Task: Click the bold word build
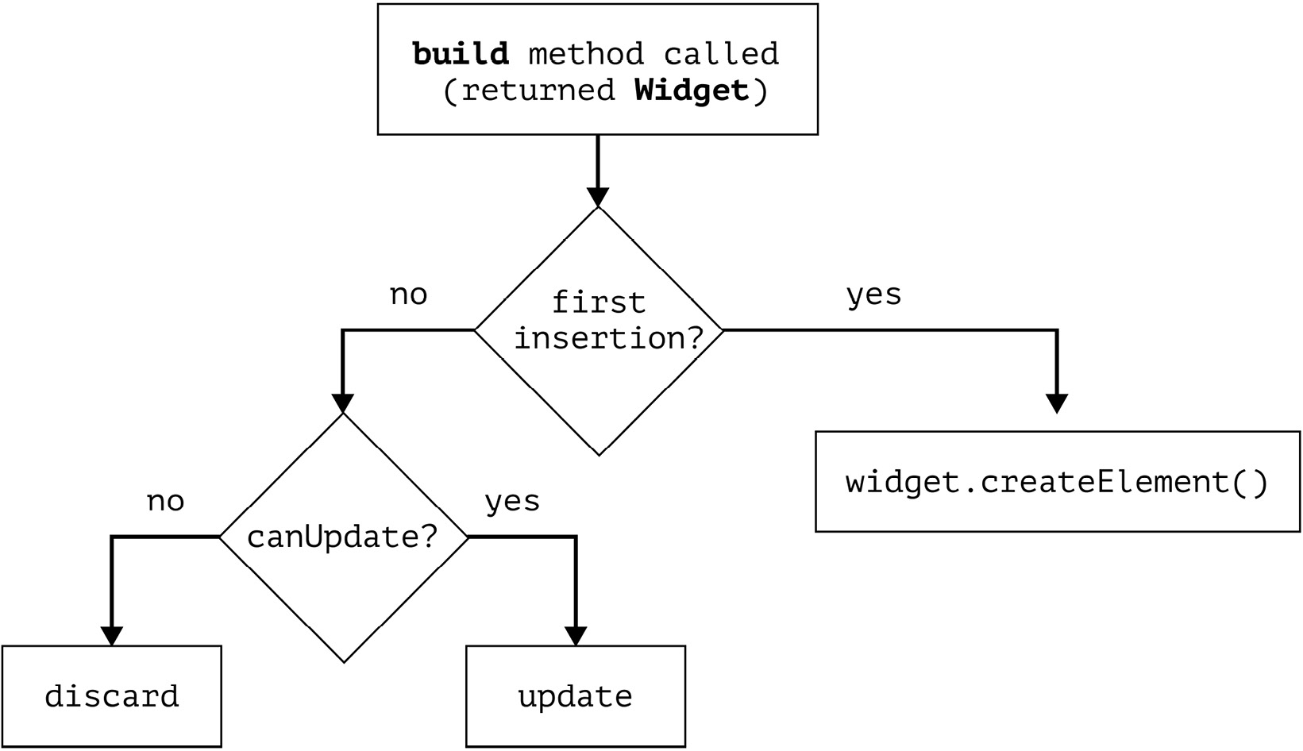(x=461, y=54)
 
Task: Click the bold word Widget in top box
(x=692, y=91)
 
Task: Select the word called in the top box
(x=721, y=54)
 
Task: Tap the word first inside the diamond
(x=598, y=302)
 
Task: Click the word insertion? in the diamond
(x=609, y=338)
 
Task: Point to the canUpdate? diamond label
(x=342, y=537)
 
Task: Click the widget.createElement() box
(x=1057, y=482)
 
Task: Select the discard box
(x=112, y=696)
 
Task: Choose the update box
(x=575, y=696)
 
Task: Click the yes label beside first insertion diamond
(x=873, y=295)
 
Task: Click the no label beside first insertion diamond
(x=408, y=295)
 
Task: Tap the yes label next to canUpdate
(x=512, y=501)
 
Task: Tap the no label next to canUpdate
(x=165, y=501)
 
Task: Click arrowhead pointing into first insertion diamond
(x=597, y=197)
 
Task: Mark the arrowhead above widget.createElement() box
(x=1056, y=403)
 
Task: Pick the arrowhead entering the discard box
(x=112, y=635)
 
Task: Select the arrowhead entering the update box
(x=575, y=635)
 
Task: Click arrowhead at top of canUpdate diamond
(x=342, y=403)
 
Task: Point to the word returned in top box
(x=538, y=91)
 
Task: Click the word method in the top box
(x=586, y=54)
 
